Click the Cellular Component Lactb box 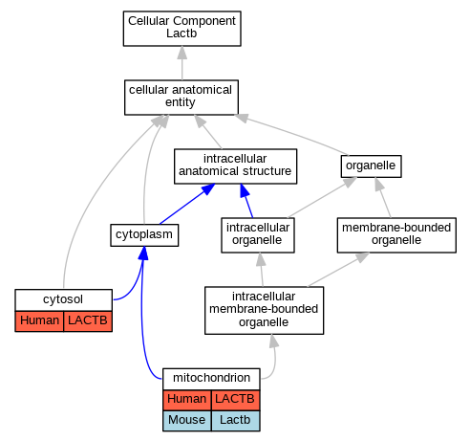[182, 29]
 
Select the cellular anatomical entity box [182, 98]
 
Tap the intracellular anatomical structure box [235, 166]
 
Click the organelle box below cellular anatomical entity [371, 166]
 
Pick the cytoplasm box [144, 235]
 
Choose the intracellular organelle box [258, 235]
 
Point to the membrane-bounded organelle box [396, 235]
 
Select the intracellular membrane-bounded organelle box [264, 310]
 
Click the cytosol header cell [63, 299]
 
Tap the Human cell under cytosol [39, 321]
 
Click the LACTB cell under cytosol [88, 321]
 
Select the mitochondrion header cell [211, 379]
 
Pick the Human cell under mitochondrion [187, 400]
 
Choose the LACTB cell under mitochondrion [236, 400]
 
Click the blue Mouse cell [187, 421]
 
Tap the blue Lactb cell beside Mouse [236, 421]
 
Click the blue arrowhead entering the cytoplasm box [143, 253]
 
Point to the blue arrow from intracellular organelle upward [246, 201]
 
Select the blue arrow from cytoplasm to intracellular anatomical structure [187, 204]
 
